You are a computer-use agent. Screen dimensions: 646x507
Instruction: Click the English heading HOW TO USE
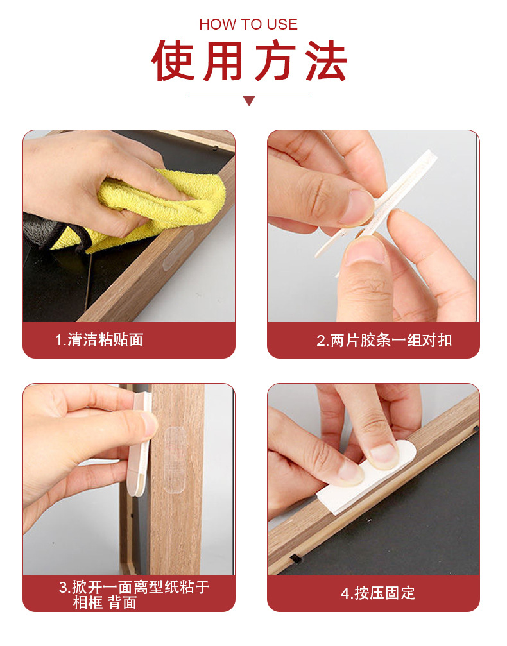[248, 24]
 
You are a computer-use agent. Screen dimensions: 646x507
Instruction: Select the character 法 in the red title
[325, 62]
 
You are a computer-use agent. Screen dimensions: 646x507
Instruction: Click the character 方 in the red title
[275, 62]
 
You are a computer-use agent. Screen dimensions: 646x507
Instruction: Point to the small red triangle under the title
[249, 101]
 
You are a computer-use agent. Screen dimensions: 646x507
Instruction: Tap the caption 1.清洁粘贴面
[99, 339]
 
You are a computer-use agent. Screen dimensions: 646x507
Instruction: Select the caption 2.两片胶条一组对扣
[384, 340]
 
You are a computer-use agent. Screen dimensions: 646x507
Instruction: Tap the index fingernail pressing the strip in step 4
[384, 454]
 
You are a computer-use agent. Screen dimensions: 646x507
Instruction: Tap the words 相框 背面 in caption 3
[105, 602]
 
